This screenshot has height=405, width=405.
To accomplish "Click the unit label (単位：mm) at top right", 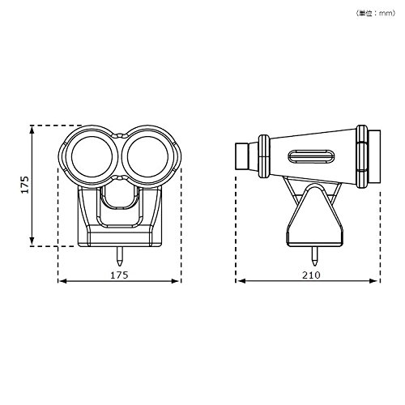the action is pyautogui.click(x=375, y=13).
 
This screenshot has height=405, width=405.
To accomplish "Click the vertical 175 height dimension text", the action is pyautogui.click(x=25, y=185).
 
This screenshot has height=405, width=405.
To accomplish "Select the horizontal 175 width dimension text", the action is pyautogui.click(x=119, y=275).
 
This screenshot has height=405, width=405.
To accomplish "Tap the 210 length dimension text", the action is pyautogui.click(x=311, y=275).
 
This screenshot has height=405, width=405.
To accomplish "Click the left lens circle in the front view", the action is pyautogui.click(x=71, y=156).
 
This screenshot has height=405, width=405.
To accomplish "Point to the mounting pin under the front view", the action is pyautogui.click(x=119, y=256).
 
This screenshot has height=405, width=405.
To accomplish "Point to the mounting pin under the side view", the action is pyautogui.click(x=314, y=256).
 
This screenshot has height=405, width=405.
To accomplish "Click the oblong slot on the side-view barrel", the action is pyautogui.click(x=312, y=156).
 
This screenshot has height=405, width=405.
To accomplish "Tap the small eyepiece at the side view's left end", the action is pyautogui.click(x=242, y=156).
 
